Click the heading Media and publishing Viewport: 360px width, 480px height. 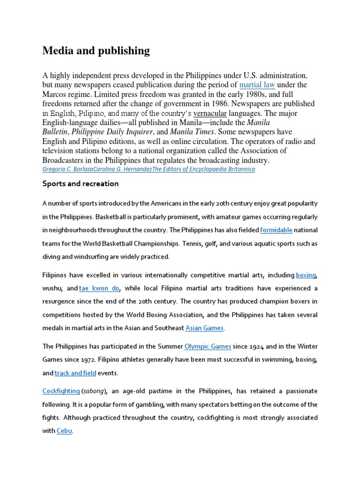point(96,51)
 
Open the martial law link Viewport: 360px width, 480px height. point(257,85)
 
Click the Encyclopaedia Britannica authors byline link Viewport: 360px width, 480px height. point(149,169)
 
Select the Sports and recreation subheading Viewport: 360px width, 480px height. point(81,184)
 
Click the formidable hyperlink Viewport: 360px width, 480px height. point(276,230)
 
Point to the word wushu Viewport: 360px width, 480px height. point(52,288)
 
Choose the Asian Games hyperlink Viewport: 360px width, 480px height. point(205,328)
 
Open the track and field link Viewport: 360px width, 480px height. point(75,373)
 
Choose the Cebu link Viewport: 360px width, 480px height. point(64,431)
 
